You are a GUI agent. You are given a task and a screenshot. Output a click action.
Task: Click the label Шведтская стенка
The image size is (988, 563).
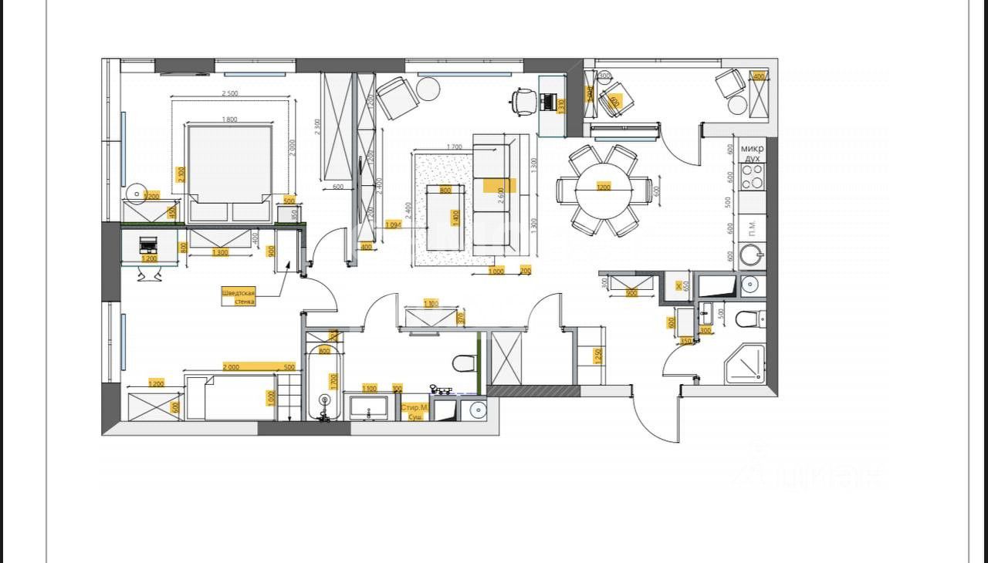(x=239, y=297)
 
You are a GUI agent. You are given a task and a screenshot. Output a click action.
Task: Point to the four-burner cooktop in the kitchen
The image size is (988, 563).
(x=752, y=177)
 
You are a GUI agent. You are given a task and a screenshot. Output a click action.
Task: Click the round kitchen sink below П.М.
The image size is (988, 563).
(x=750, y=255)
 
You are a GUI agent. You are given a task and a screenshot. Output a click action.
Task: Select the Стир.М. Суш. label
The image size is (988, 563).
(x=414, y=411)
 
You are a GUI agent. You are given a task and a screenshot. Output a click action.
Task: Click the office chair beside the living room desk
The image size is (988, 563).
(x=523, y=100)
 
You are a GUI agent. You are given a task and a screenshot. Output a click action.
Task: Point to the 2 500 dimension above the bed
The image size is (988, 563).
(x=230, y=94)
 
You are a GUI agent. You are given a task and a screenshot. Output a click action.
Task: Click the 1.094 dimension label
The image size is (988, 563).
(x=394, y=225)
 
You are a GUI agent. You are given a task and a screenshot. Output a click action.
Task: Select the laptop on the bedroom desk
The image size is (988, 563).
(x=148, y=246)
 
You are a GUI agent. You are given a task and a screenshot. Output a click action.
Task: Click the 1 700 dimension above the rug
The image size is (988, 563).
(x=454, y=147)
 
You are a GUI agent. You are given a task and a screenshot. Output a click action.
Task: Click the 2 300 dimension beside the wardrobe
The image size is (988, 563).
(x=316, y=127)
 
